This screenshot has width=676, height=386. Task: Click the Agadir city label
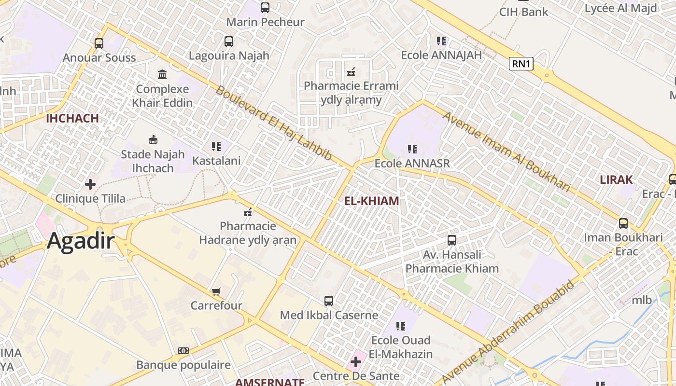(x=81, y=241)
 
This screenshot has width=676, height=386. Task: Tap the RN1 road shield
(x=521, y=64)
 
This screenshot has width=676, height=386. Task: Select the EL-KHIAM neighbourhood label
(x=372, y=201)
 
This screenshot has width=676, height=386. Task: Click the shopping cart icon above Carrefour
(x=216, y=291)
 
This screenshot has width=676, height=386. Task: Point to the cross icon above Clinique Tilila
(x=90, y=184)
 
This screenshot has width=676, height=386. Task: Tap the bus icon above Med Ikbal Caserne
(x=329, y=301)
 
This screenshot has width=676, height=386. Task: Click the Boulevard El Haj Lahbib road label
(x=273, y=123)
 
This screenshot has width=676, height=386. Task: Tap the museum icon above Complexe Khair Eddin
(x=162, y=75)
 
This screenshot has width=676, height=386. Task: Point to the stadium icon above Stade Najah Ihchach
(x=153, y=140)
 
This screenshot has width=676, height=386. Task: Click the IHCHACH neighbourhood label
(x=72, y=118)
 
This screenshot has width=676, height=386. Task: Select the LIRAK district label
(x=616, y=180)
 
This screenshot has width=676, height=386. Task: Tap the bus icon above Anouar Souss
(x=99, y=43)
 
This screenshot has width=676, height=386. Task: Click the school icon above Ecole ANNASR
(x=412, y=149)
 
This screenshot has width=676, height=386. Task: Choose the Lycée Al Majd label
(x=620, y=8)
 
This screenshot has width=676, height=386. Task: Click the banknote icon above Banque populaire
(x=183, y=351)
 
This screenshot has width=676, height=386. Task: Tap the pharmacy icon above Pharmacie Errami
(x=351, y=72)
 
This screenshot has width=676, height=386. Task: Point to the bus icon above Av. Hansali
(x=452, y=240)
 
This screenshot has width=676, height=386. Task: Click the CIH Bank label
(x=524, y=12)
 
